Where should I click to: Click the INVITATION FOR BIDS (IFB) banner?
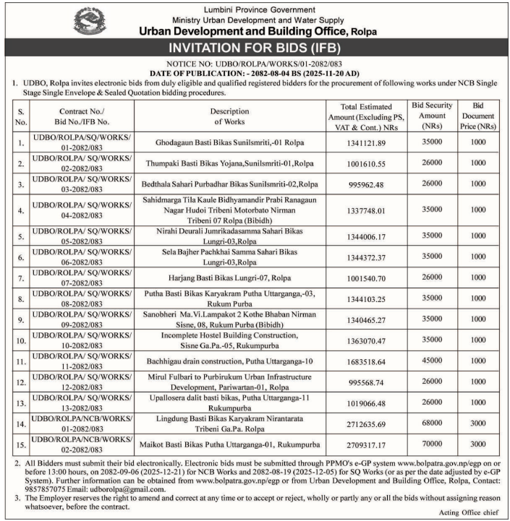click(x=255, y=48)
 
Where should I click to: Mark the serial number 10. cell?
click(x=21, y=318)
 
